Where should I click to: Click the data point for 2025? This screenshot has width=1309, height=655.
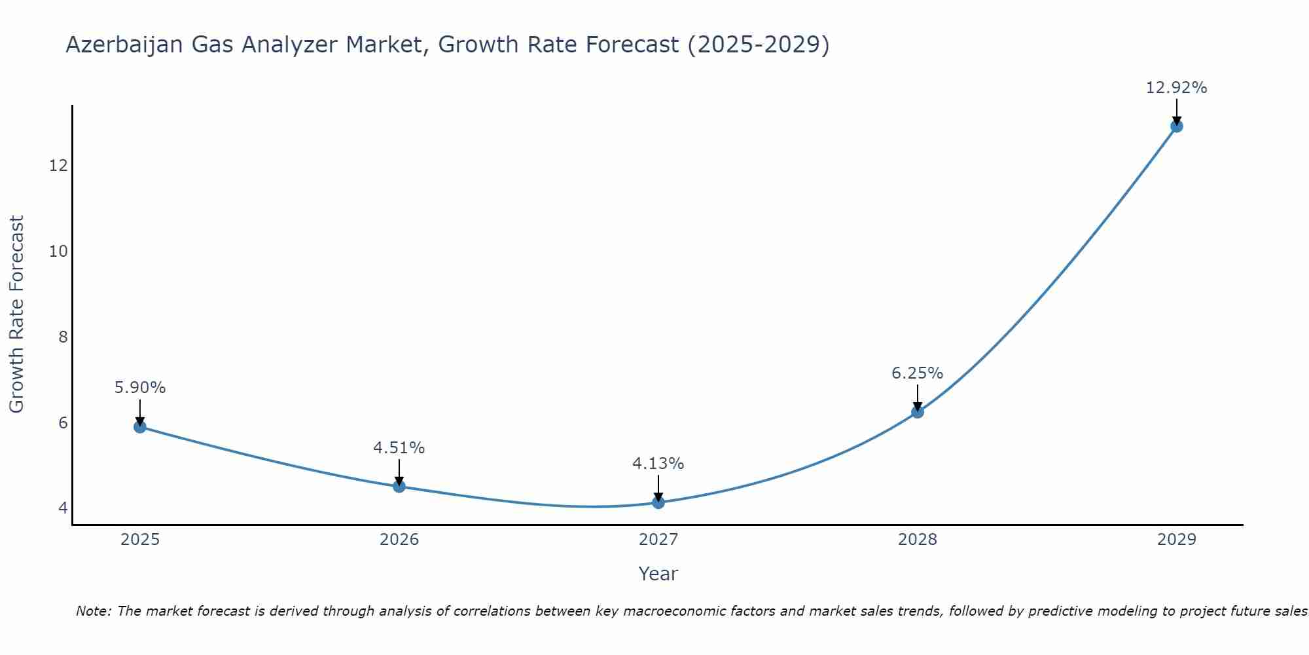(140, 427)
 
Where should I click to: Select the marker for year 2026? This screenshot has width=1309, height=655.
(399, 487)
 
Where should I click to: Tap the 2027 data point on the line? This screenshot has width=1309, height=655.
(658, 502)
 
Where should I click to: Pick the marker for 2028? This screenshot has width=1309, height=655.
(918, 412)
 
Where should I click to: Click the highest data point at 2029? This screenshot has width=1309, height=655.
(1177, 126)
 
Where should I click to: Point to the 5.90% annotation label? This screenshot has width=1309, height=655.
(140, 388)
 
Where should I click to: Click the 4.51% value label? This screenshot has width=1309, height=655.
(399, 448)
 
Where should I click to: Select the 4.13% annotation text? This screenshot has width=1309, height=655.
(658, 464)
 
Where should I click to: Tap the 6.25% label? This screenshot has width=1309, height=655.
(918, 373)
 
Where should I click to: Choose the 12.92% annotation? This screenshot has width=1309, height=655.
(1177, 88)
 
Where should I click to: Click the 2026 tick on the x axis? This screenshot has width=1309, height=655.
(399, 540)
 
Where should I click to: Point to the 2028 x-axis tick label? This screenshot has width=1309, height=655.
(918, 540)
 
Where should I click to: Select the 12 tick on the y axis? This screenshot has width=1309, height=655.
(59, 166)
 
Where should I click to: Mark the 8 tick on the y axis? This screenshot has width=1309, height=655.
(63, 337)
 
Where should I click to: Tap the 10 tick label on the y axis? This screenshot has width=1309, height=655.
(59, 252)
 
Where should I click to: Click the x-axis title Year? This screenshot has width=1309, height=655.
(658, 574)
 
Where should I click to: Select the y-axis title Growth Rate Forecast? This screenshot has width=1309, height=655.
(16, 314)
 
